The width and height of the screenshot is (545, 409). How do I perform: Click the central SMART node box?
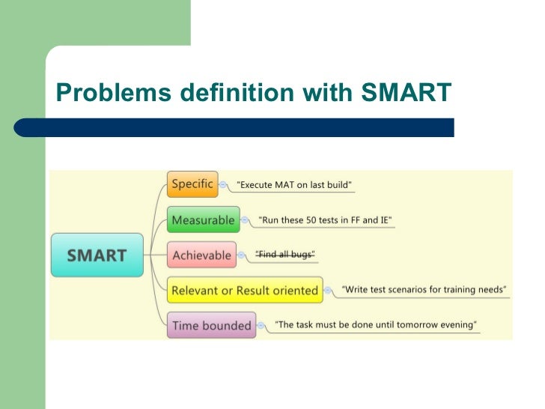pos(97,255)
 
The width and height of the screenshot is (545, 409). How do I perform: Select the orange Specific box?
pos(192,184)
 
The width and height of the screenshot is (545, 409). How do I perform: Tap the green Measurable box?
pos(204,219)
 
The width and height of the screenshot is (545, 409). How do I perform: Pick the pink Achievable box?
pos(201,255)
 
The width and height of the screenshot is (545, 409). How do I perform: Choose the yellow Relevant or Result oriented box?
pos(245,290)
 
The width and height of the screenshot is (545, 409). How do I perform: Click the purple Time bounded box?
pos(211,325)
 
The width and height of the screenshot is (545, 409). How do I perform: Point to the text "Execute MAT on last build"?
pos(294,184)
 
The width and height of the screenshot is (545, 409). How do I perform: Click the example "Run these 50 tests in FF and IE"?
pos(325,220)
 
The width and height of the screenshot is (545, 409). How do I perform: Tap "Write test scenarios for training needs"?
pos(424,289)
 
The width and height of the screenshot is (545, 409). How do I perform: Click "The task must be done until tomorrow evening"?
pos(376,325)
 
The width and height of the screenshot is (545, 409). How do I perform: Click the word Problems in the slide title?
pos(102,93)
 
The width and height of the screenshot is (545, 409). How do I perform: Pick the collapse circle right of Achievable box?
pos(241,255)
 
